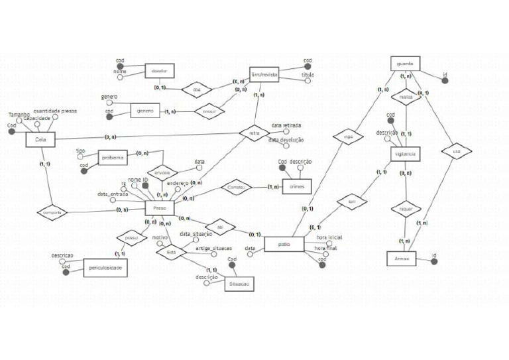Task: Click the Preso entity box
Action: (160, 208)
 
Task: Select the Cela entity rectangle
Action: (40, 139)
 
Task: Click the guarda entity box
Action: (405, 64)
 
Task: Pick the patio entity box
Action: (284, 245)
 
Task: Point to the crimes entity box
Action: (297, 187)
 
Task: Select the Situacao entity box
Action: (239, 282)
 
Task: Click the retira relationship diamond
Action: (254, 133)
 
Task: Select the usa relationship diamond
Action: (456, 151)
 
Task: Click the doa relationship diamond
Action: (196, 90)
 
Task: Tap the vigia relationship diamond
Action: (349, 139)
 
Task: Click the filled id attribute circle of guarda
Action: (445, 81)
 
